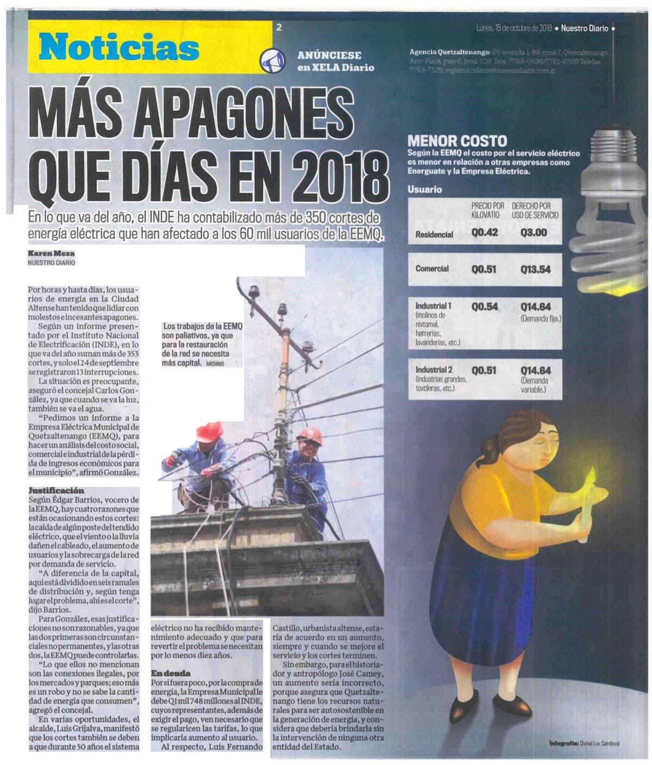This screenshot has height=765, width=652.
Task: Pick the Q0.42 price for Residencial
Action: [485, 233]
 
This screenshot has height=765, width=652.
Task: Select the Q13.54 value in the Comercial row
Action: [535, 269]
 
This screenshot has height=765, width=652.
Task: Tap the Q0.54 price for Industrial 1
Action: [485, 307]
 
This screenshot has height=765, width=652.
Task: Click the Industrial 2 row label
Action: [434, 370]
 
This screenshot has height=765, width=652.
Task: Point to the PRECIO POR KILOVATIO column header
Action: [487, 210]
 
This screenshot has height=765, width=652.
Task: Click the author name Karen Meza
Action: [51, 253]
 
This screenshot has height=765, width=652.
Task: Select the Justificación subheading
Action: [57, 490]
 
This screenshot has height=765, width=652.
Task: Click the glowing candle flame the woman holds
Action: [592, 477]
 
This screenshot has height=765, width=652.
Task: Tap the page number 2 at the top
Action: [279, 28]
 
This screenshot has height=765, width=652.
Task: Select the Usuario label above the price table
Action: [424, 190]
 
